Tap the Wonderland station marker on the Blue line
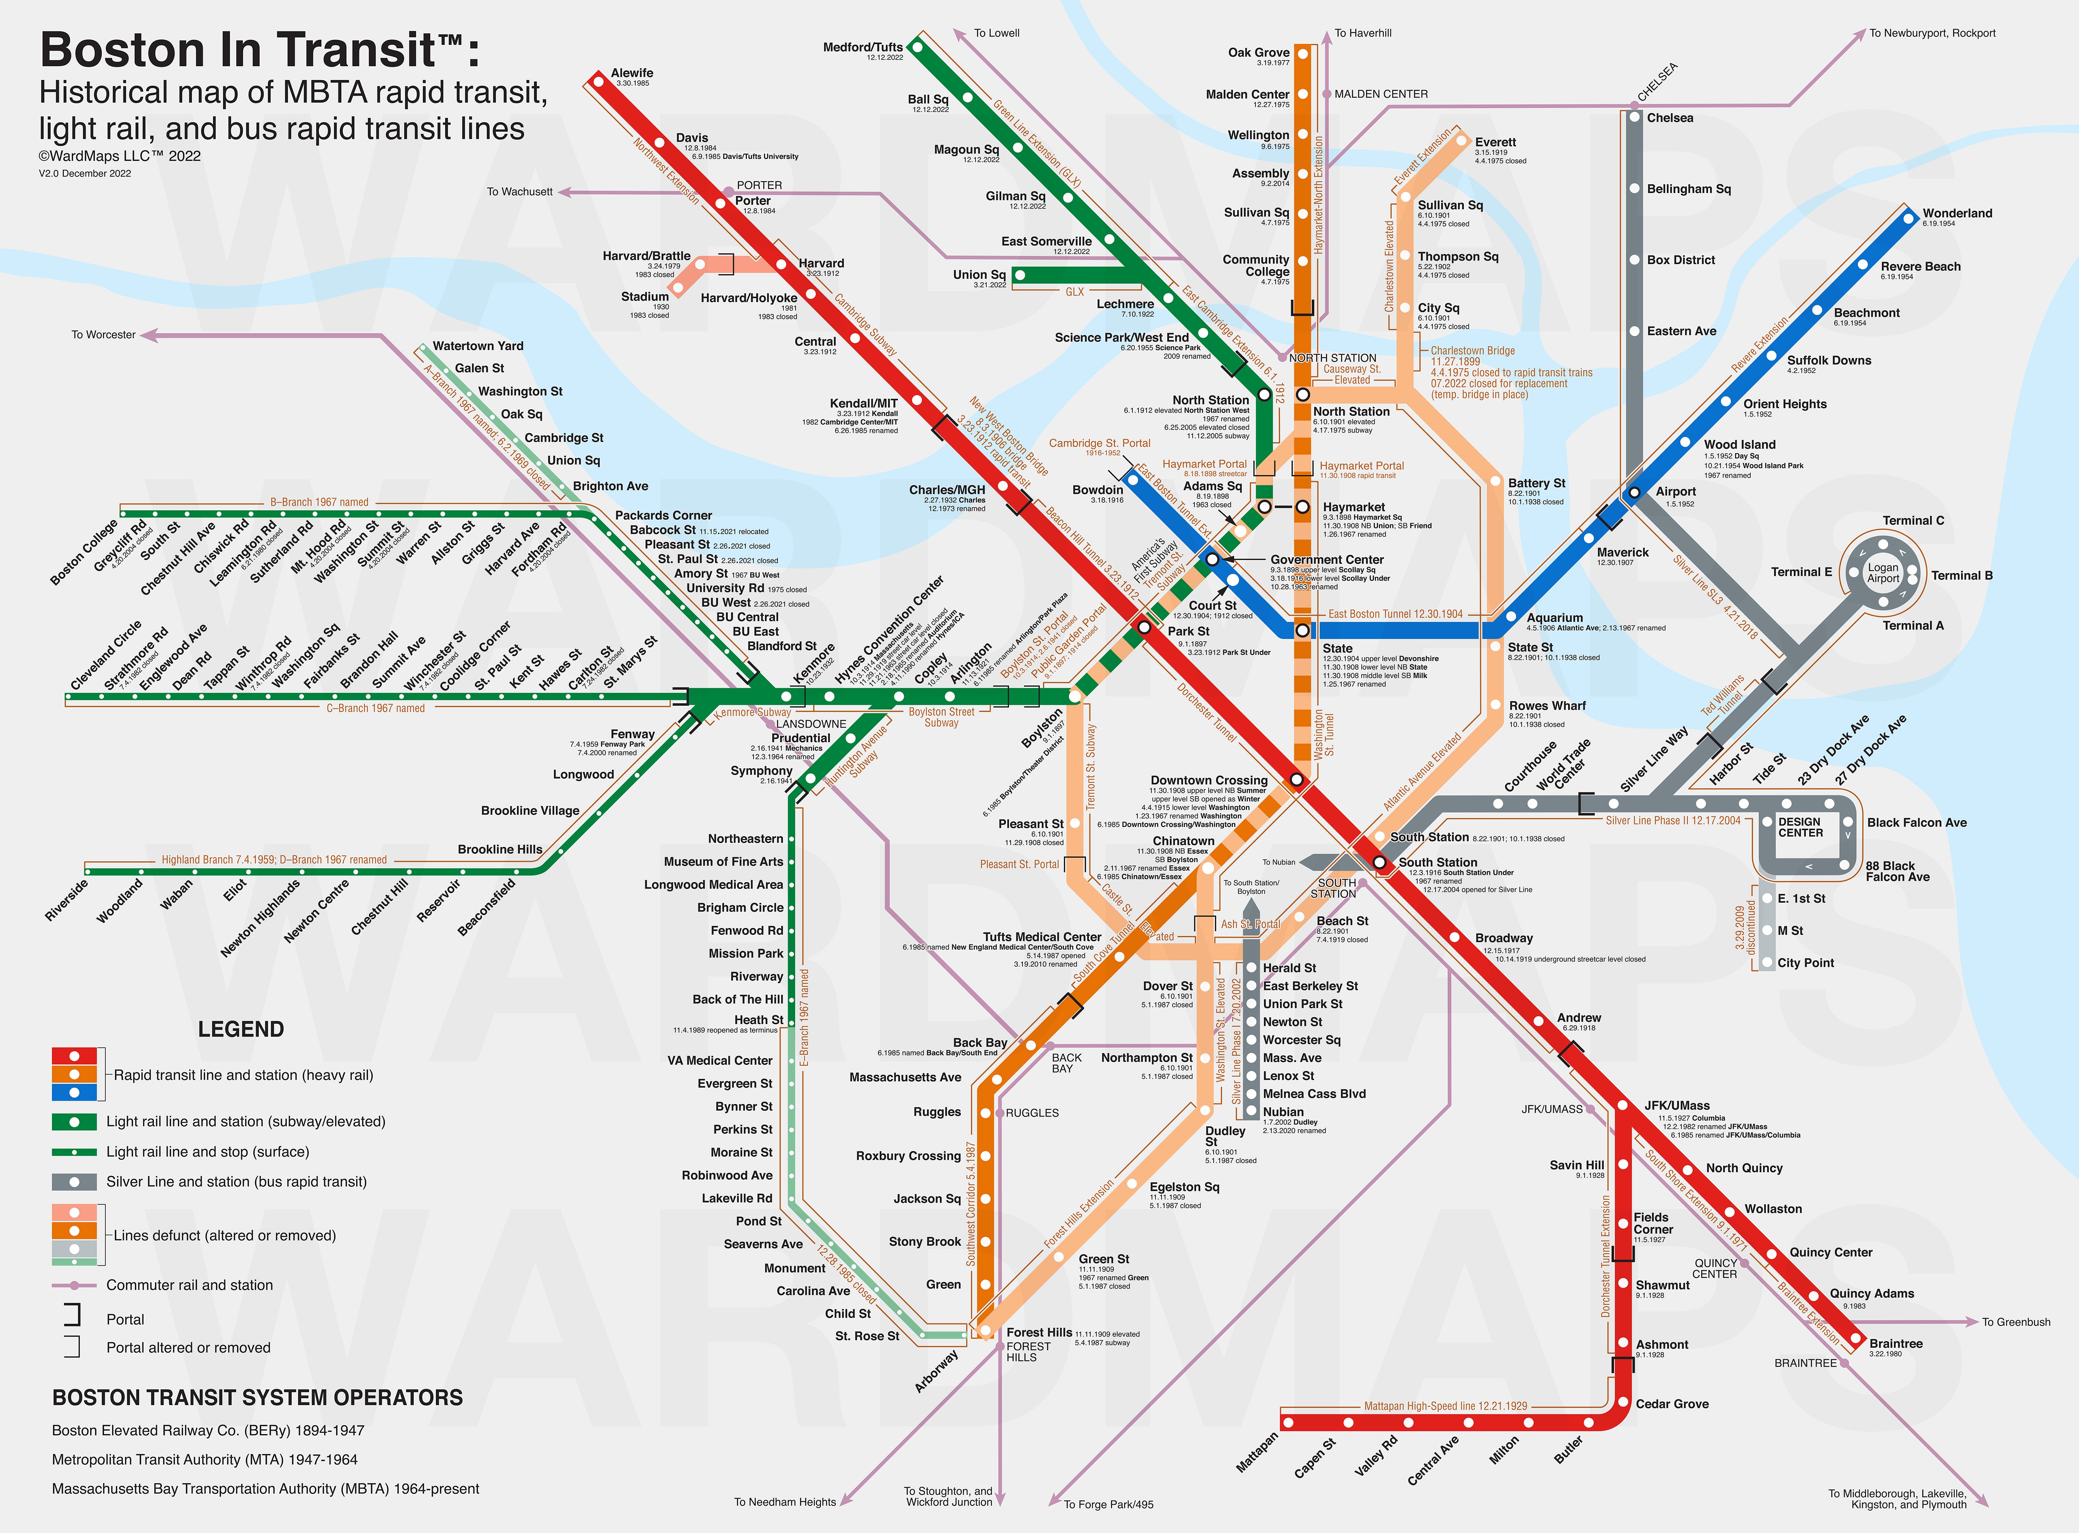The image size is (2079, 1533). [1908, 219]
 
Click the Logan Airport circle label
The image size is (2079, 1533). [1883, 573]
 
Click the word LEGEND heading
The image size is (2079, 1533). [240, 1029]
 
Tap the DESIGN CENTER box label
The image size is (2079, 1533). [1801, 827]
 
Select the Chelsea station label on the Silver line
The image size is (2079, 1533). [1670, 118]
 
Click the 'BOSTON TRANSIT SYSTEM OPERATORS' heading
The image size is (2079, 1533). [257, 1398]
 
